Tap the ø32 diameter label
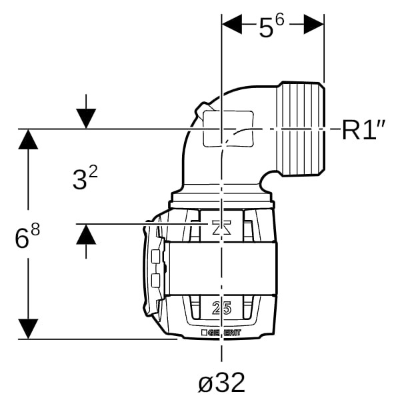click(221, 382)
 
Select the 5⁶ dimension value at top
click(271, 27)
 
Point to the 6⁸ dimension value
click(27, 237)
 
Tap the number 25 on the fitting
click(221, 308)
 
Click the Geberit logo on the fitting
click(221, 333)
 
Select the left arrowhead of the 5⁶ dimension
click(232, 24)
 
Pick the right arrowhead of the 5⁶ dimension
click(314, 24)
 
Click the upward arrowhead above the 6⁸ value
click(28, 139)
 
